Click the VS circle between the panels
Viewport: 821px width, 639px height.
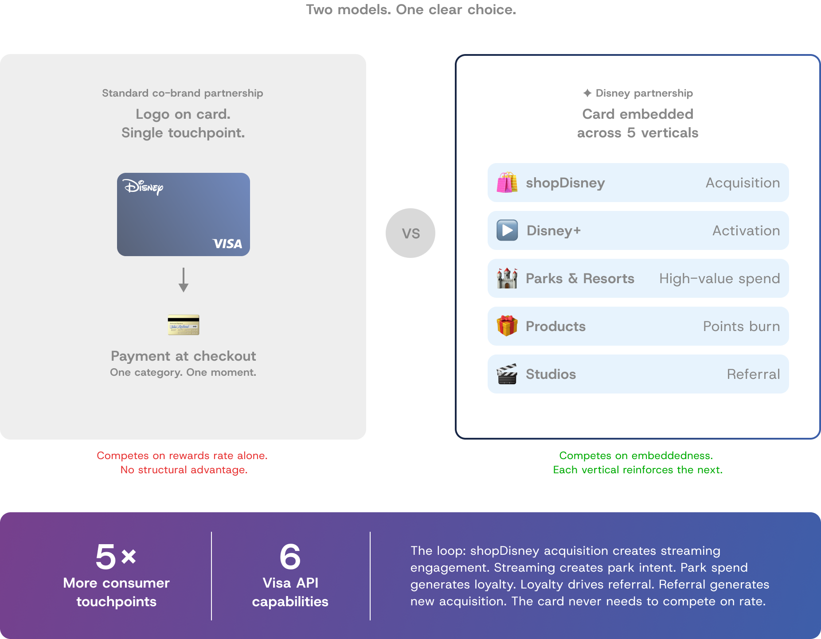410,233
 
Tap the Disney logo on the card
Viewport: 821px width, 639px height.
143,187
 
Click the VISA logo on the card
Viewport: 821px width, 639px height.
227,244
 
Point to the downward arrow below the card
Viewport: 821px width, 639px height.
184,280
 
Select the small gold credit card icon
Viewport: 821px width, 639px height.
184,325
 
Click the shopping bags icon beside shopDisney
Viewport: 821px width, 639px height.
507,183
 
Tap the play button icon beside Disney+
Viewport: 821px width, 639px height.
507,230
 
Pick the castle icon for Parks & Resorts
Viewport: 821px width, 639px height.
507,278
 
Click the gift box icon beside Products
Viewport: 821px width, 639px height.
507,326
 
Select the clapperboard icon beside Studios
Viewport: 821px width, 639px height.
507,374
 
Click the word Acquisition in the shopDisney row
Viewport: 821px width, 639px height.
743,183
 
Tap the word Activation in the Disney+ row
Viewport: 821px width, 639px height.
746,230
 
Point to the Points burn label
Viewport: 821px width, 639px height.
741,326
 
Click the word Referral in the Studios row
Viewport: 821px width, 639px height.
753,374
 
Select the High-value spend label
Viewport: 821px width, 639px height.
719,278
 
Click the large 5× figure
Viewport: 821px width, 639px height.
116,557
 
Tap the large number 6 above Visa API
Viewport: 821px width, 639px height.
290,557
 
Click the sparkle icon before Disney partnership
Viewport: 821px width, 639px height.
587,93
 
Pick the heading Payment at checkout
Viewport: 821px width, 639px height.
184,356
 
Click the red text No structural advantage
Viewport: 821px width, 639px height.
184,470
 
